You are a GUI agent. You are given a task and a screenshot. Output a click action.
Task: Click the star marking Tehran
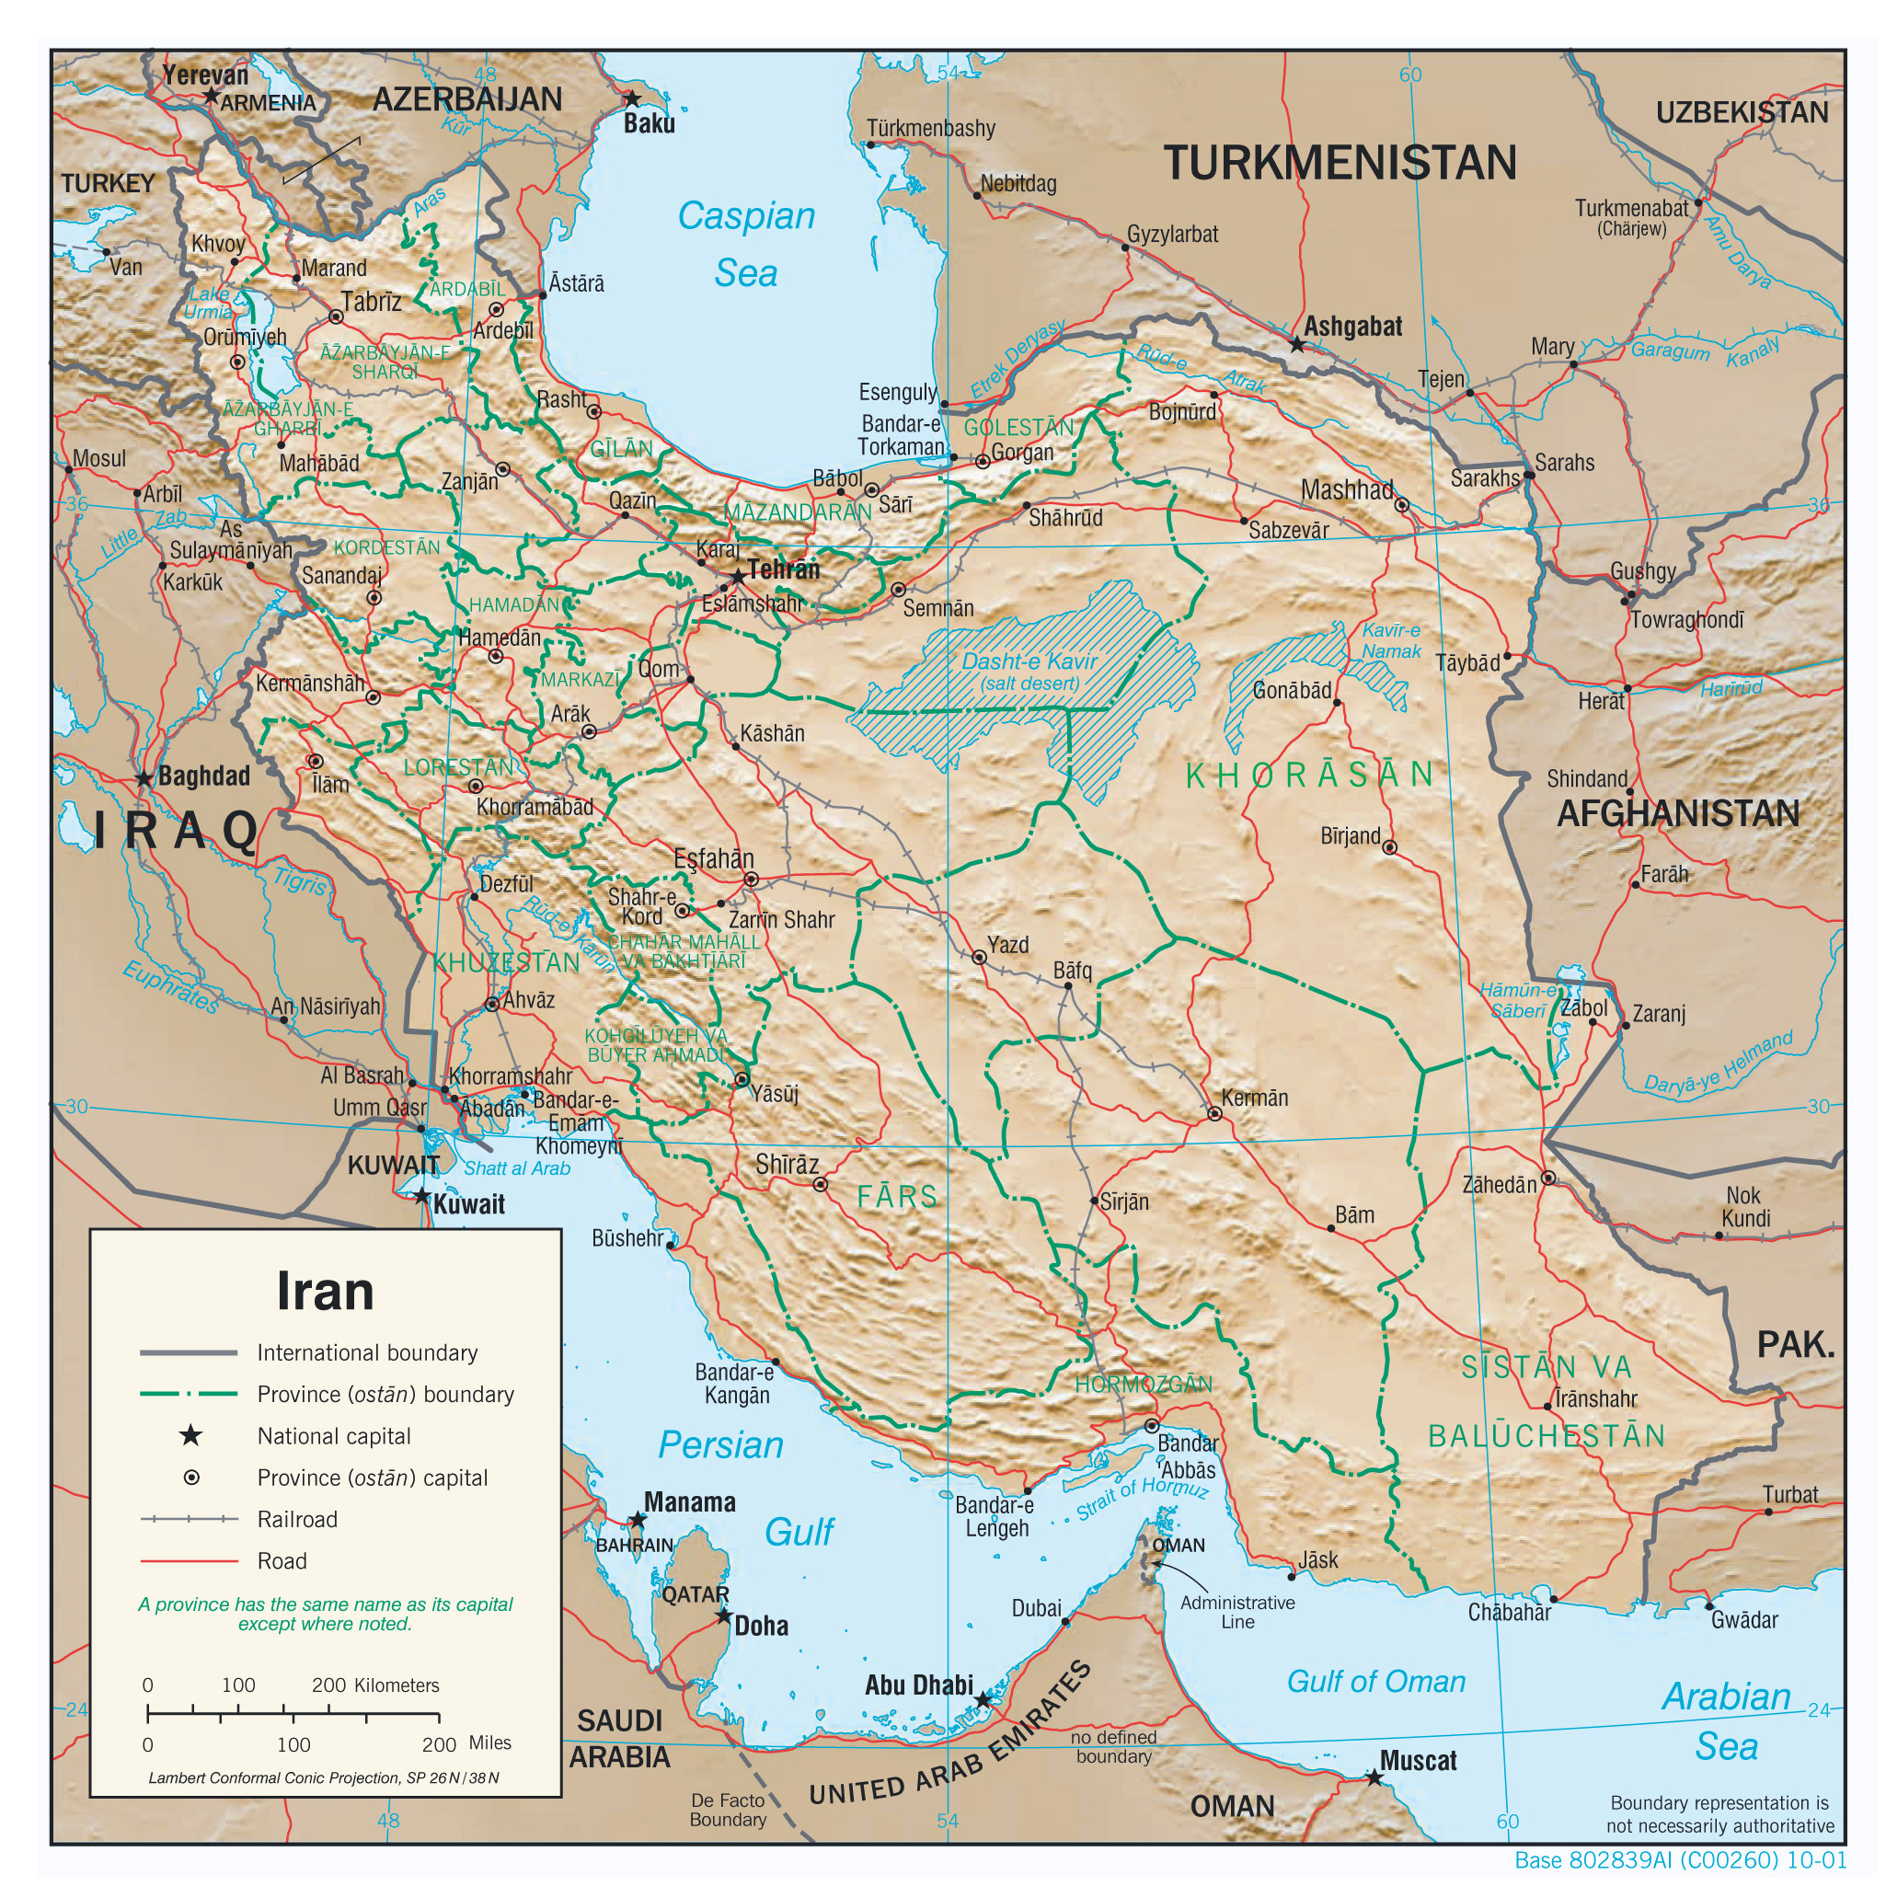pos(738,577)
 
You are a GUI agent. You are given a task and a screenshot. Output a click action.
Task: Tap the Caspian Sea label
pos(747,244)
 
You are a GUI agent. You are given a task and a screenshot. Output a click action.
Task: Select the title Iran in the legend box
pos(325,1291)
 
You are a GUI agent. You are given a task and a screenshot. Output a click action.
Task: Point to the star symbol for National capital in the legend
pos(191,1435)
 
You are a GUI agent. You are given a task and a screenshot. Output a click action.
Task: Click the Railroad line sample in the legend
pos(190,1519)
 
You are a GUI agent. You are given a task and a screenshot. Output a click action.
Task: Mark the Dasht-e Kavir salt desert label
pos(1029,672)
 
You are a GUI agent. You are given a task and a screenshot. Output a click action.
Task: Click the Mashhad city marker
pos(1402,505)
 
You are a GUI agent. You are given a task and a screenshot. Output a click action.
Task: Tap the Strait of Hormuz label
pos(1142,1498)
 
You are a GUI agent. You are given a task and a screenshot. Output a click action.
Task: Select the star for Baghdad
pos(144,779)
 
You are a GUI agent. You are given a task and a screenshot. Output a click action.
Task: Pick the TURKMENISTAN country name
pos(1340,163)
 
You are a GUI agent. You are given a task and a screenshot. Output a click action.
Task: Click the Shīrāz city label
pos(787,1164)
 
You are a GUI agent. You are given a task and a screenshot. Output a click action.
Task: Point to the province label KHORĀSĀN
pos(1308,775)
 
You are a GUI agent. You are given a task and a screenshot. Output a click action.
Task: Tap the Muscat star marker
pos(1374,1777)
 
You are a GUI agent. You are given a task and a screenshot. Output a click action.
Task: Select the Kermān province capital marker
pos(1214,1113)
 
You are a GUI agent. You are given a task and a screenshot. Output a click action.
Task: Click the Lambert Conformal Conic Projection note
pos(323,1777)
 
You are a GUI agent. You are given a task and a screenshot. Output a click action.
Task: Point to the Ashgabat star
pos(1296,345)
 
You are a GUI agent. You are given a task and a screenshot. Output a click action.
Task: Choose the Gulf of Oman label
pos(1375,1681)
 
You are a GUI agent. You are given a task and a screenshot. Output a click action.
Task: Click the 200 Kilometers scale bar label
pos(374,1685)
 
